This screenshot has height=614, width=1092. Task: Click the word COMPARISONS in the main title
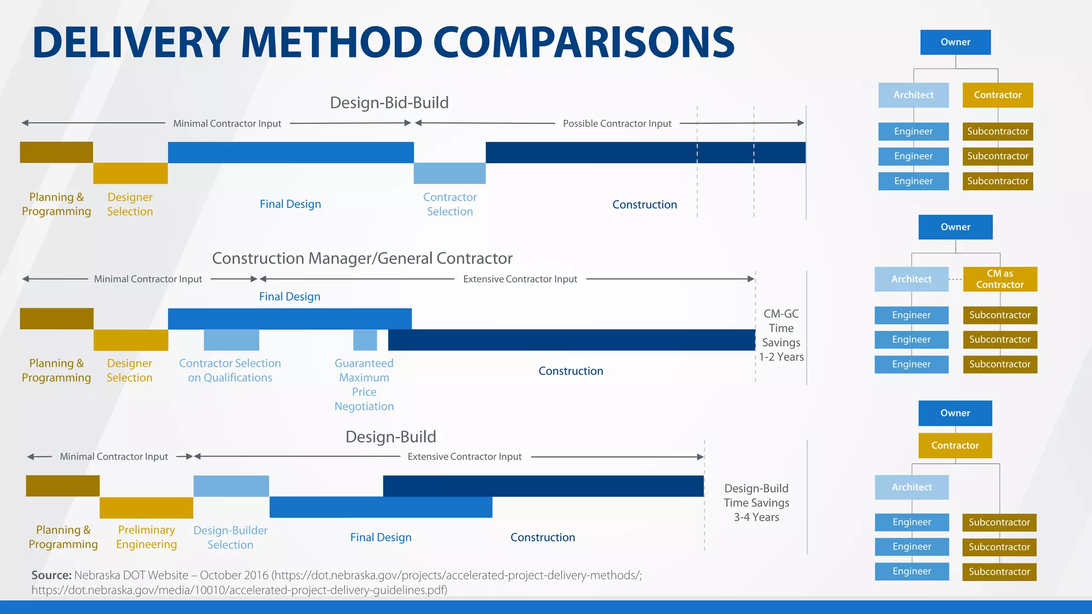point(584,43)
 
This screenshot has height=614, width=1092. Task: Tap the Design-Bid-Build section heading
point(389,102)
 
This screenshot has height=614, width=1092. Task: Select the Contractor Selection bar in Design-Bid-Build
point(449,173)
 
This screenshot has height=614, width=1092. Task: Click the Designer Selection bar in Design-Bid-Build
point(130,173)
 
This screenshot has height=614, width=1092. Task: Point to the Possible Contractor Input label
point(617,124)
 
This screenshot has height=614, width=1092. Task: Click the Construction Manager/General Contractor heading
point(362,258)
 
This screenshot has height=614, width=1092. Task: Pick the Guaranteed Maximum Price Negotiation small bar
point(365,340)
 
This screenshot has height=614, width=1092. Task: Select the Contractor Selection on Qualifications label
point(230,370)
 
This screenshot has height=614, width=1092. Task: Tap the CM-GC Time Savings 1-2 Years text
point(781,335)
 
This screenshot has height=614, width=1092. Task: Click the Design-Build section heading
point(391,437)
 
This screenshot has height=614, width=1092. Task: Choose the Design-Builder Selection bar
point(231,486)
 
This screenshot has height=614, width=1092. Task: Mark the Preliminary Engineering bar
point(146,507)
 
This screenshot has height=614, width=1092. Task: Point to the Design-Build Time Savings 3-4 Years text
point(756,503)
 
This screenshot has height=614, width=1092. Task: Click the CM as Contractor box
point(1000,279)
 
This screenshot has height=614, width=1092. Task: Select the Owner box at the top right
point(955,42)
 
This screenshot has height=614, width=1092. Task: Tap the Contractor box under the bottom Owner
point(955,446)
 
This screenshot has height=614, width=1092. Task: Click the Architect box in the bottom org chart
point(912,487)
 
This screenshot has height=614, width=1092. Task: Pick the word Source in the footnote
point(51,576)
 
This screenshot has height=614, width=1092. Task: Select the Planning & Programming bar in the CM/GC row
point(57,319)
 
